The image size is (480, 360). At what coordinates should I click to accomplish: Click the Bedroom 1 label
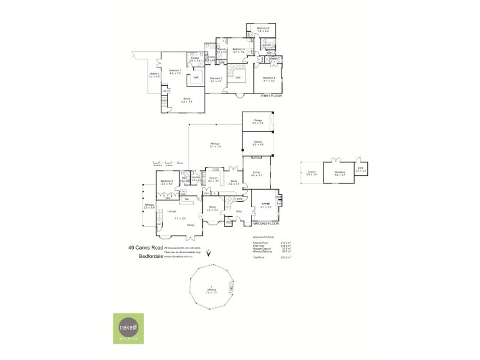click(175, 71)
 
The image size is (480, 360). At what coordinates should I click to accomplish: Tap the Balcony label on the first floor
click(154, 74)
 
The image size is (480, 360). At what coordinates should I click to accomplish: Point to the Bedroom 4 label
click(268, 77)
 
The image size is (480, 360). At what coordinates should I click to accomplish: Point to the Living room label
click(257, 173)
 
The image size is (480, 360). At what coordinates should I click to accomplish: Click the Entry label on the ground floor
click(238, 211)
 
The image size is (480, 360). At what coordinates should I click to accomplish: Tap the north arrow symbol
click(208, 254)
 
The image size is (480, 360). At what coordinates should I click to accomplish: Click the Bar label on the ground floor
click(187, 199)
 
